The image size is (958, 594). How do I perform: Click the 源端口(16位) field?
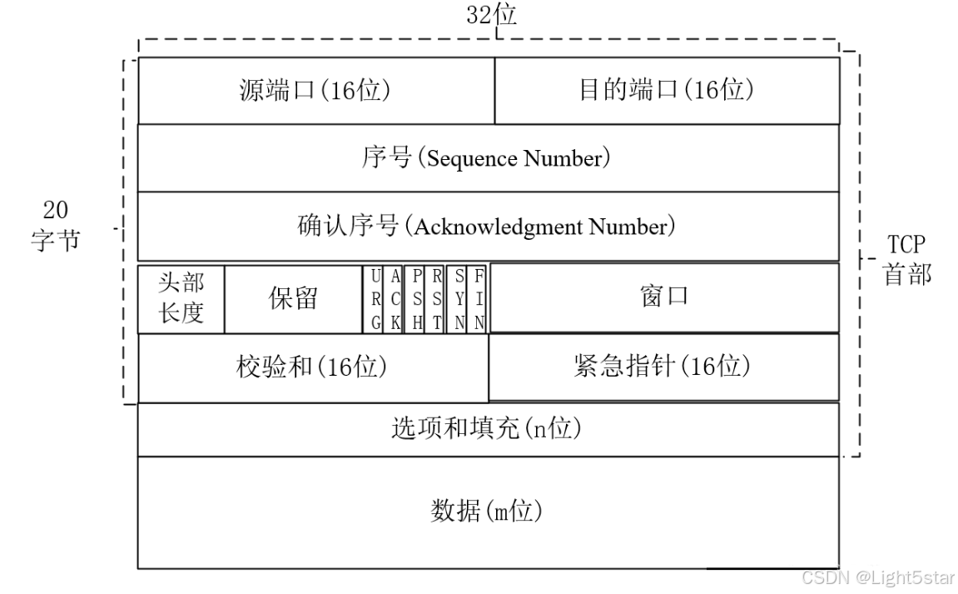click(x=315, y=90)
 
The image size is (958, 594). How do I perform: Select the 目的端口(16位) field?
click(x=667, y=90)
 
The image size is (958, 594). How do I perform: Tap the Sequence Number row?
click(x=488, y=157)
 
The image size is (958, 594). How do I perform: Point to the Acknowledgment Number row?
click(x=488, y=226)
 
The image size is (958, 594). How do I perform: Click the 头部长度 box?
click(x=181, y=298)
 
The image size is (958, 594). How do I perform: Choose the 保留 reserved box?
click(x=293, y=298)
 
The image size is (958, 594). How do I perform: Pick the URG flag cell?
click(x=376, y=299)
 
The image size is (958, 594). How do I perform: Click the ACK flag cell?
click(x=395, y=299)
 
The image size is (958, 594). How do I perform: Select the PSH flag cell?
click(x=417, y=299)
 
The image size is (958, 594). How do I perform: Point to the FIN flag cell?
click(x=479, y=299)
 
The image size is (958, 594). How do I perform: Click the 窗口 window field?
click(x=664, y=297)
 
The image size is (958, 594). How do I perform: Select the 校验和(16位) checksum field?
click(x=312, y=367)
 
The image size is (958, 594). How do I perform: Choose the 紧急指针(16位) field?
click(x=663, y=367)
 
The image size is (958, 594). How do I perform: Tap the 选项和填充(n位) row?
click(x=488, y=429)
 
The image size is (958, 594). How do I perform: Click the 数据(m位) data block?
click(x=488, y=511)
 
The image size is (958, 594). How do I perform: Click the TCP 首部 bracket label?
click(x=906, y=260)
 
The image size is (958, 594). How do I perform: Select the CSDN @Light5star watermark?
click(x=878, y=577)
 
